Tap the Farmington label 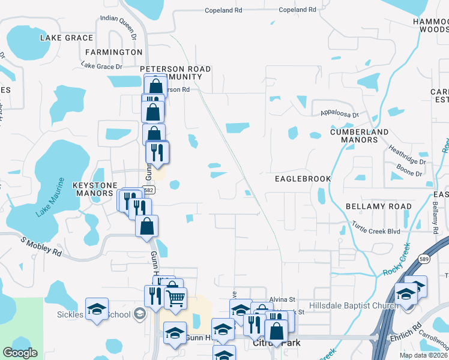[113, 52]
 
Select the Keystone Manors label [92, 190]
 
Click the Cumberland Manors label [360, 136]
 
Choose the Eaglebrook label [303, 179]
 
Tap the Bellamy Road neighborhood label [379, 206]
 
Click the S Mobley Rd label [41, 246]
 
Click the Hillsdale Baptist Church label [353, 306]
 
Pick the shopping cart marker [175, 298]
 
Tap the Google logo [20, 353]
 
